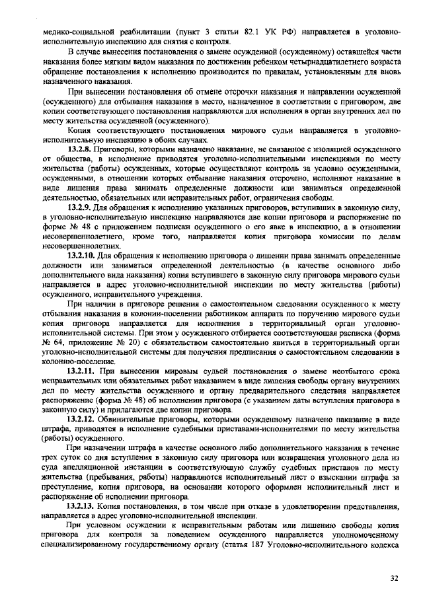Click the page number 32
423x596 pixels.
pyautogui.click(x=394, y=579)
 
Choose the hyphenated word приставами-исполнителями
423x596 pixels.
pyautogui.click(x=229, y=430)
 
